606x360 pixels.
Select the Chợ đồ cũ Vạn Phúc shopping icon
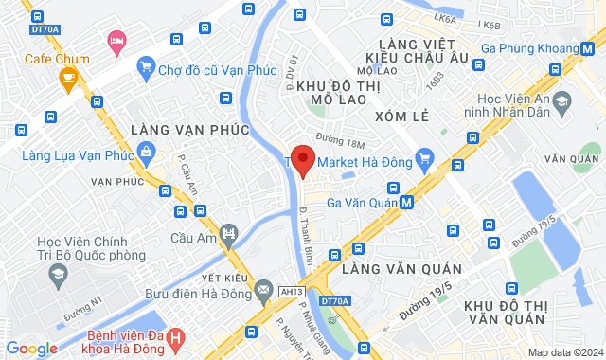146,67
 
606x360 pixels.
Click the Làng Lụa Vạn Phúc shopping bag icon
146,150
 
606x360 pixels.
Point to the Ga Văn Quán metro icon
406,201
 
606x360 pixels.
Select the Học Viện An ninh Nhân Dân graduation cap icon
561,99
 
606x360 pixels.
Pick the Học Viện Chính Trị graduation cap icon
57,274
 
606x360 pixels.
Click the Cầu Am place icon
227,233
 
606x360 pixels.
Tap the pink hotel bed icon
116,40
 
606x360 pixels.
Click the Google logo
30,349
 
